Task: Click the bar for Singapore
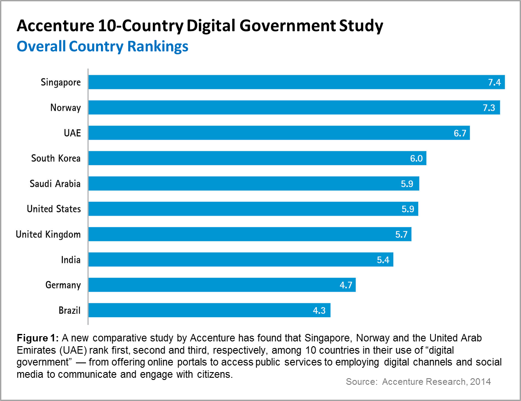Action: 296,82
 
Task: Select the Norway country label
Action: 65,107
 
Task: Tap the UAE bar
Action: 279,133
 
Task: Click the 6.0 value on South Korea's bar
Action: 416,158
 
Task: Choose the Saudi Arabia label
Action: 55,184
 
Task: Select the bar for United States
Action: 253,209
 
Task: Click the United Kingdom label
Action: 48,234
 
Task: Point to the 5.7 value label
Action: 401,234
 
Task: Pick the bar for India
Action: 241,260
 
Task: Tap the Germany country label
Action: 63,285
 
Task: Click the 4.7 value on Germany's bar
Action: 345,285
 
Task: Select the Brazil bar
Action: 209,311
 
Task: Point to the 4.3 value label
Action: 320,311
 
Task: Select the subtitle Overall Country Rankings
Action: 102,46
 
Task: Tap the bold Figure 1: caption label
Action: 37,338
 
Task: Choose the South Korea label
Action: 56,158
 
